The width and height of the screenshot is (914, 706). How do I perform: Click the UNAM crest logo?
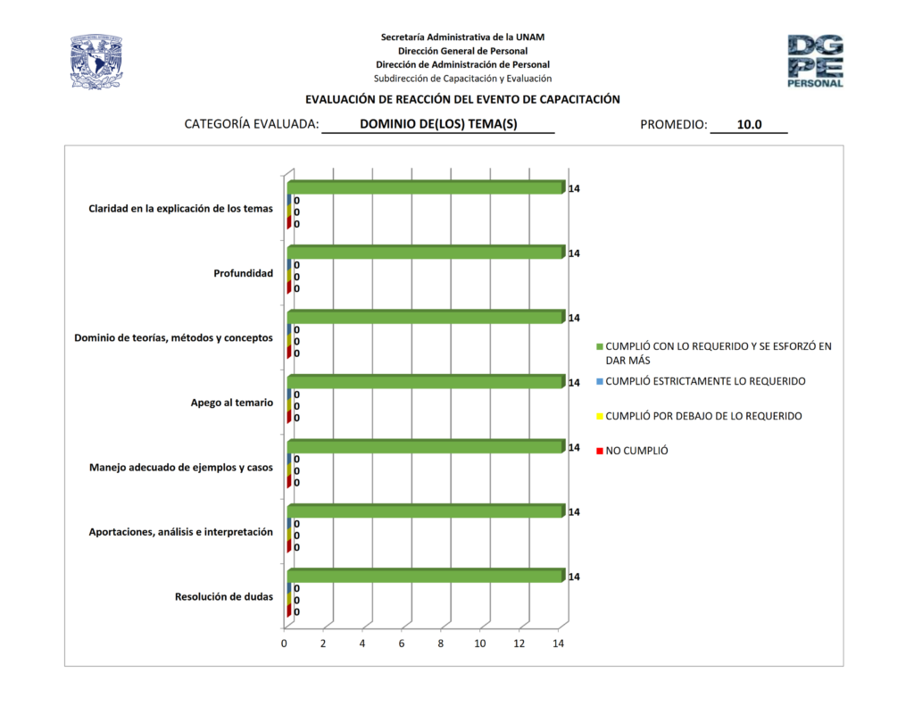(x=96, y=62)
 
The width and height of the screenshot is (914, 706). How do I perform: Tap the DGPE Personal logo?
(x=815, y=61)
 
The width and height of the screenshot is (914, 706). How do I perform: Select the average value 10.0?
(x=749, y=125)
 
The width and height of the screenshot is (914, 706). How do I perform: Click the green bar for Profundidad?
(x=425, y=253)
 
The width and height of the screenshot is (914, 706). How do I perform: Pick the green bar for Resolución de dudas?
(x=425, y=576)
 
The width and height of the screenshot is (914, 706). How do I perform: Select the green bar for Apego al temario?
(x=425, y=382)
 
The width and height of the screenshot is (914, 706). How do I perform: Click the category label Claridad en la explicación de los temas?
(x=180, y=209)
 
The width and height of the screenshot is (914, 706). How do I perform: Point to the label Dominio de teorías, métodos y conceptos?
(x=173, y=338)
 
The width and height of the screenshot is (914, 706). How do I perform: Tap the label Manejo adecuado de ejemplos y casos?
(x=181, y=467)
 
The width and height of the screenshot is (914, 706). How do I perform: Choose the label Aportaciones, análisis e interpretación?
(x=180, y=532)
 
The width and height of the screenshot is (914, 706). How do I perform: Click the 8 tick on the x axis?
(x=441, y=644)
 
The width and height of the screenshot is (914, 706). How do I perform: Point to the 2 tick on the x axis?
(x=323, y=644)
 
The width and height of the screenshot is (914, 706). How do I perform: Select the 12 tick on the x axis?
(x=519, y=644)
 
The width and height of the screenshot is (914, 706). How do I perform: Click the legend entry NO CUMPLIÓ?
(x=636, y=451)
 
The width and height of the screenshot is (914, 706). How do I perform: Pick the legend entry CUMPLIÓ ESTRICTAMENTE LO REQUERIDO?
(x=705, y=381)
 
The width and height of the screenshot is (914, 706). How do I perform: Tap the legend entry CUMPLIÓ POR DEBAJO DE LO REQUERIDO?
(x=703, y=416)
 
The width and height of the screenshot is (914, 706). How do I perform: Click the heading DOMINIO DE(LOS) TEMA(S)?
(x=438, y=125)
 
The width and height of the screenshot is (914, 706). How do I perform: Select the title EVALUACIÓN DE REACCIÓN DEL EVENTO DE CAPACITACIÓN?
(x=462, y=100)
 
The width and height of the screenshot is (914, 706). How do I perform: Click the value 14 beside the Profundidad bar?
(x=575, y=253)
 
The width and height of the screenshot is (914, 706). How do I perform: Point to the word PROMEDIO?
(x=673, y=125)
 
